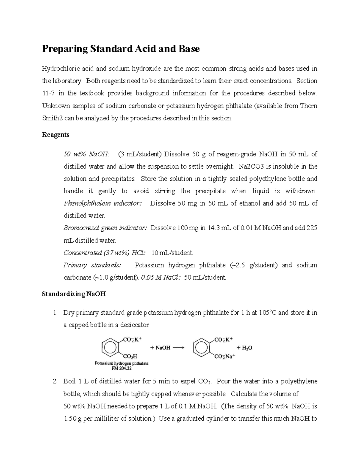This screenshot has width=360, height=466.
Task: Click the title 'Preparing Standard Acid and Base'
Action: point(121,49)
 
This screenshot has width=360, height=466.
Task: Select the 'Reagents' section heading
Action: point(55,135)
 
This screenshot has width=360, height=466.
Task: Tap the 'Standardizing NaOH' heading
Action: point(74,294)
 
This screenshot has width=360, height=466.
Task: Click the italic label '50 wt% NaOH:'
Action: point(87,154)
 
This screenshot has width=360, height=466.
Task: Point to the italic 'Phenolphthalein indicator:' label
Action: point(103,203)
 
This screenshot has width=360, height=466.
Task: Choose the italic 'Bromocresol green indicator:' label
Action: point(105,228)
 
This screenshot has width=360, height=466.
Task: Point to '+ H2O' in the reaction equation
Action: point(244,348)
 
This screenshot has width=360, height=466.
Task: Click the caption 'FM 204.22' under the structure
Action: point(121,368)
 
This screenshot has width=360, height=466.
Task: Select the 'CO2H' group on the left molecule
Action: point(130,356)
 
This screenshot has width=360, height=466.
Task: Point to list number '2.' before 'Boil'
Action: point(55,382)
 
